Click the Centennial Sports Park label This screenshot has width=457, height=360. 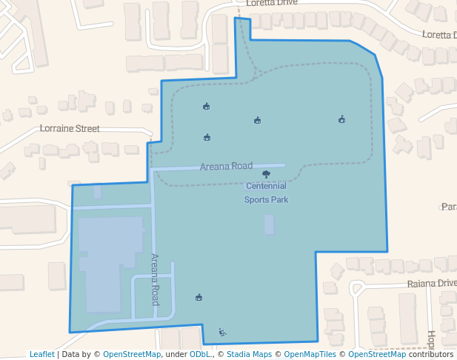266,193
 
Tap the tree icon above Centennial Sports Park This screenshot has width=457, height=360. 266,175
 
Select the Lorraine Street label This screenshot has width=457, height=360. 70,128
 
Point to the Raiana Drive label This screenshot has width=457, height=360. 432,284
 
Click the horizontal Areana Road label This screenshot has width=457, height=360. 226,166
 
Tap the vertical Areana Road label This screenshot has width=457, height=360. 155,279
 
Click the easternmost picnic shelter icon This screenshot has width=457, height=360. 341,119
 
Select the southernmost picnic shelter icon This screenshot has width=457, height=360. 199,298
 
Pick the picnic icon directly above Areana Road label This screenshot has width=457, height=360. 207,137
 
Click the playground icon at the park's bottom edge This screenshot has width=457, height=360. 222,332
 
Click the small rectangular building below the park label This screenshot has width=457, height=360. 269,224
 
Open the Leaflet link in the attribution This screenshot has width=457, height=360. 41,354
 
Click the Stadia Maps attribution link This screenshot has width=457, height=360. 249,354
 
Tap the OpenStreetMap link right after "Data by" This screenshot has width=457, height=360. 132,354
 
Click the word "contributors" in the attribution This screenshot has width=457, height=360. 431,354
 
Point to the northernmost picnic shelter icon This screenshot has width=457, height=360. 206,107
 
